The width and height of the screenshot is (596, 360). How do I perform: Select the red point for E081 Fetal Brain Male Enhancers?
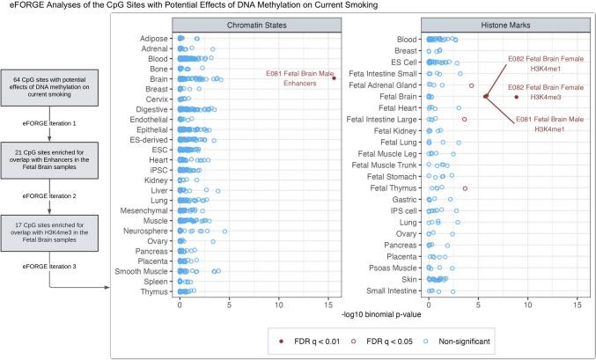335,78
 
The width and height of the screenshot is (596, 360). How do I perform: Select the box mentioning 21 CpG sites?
56,161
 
